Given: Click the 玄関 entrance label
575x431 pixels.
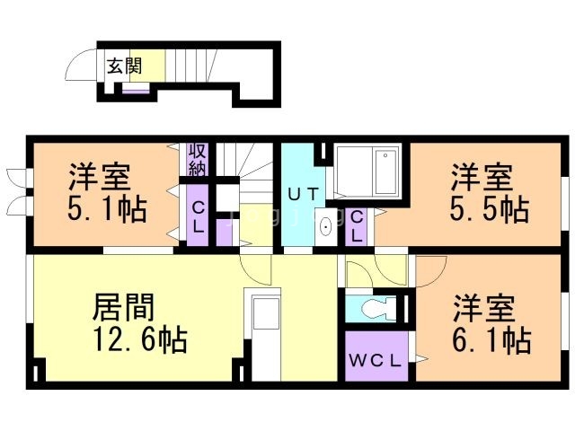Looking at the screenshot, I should (x=123, y=66).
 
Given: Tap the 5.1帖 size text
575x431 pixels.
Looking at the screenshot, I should (x=106, y=210).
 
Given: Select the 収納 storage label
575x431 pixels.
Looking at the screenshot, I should (x=197, y=159).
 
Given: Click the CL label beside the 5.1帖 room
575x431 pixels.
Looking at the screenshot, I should (x=197, y=215).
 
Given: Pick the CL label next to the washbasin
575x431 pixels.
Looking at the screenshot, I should (x=357, y=226).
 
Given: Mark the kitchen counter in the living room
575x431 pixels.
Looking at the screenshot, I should (x=266, y=334).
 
